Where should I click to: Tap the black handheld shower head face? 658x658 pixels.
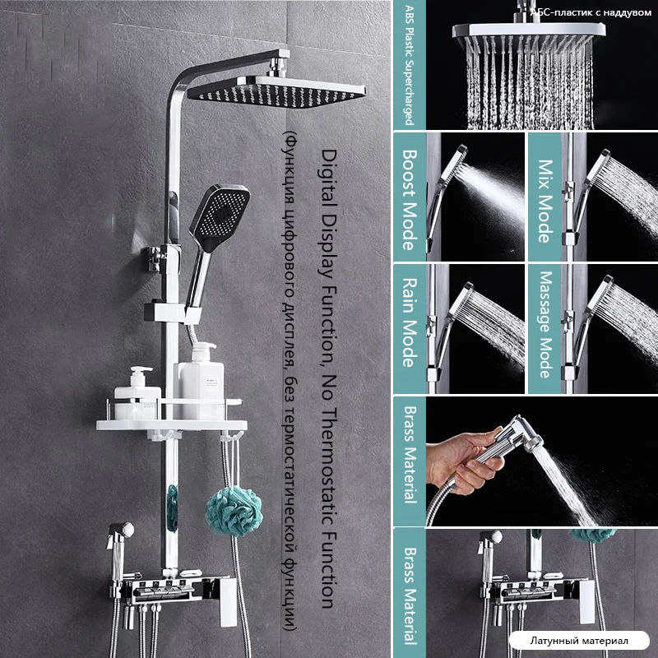click(x=220, y=217)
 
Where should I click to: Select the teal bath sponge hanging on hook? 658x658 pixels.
click(x=234, y=512)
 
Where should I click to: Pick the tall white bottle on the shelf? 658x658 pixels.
click(x=199, y=381)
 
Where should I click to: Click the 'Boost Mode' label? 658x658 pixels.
click(x=410, y=200)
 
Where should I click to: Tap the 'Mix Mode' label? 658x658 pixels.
click(x=544, y=202)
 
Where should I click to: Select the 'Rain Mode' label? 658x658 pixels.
click(x=410, y=322)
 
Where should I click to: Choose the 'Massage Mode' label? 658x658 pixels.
click(x=544, y=324)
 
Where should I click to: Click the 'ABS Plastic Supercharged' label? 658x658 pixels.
click(x=409, y=65)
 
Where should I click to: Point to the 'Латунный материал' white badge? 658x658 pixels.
click(x=579, y=641)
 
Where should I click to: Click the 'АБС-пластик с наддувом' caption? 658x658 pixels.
click(x=591, y=12)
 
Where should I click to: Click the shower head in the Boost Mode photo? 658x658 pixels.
click(x=446, y=189)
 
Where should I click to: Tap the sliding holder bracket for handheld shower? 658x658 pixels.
click(x=173, y=313)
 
